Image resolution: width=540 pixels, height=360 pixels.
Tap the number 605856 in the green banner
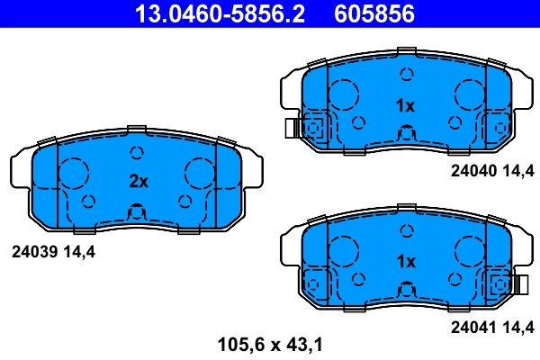[x=375, y=13]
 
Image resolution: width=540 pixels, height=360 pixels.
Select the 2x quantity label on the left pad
[x=138, y=181]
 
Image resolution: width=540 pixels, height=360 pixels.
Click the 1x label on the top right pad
[x=405, y=105]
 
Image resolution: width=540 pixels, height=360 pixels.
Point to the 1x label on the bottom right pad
[x=405, y=261]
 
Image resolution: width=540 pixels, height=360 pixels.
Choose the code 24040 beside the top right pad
[x=473, y=169]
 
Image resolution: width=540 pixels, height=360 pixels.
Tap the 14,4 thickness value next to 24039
[x=79, y=252]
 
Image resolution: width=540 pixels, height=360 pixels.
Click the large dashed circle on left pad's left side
[x=76, y=171]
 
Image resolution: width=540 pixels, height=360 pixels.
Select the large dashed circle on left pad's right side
[x=199, y=171]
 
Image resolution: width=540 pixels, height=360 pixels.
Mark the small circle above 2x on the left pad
[x=138, y=152]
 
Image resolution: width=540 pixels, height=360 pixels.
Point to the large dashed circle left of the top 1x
[x=344, y=94]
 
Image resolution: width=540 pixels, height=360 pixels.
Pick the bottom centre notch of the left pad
[x=137, y=213]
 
